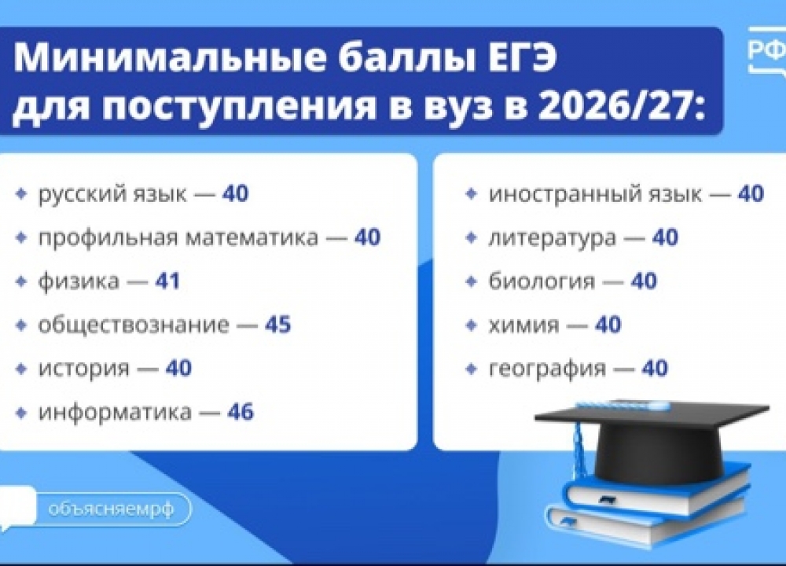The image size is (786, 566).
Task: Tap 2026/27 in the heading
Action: click(x=609, y=107)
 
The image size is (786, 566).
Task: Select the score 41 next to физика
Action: click(x=167, y=281)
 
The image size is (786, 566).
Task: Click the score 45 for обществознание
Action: click(x=277, y=324)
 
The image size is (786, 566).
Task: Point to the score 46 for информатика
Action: click(x=240, y=411)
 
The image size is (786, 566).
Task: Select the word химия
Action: click(x=523, y=324)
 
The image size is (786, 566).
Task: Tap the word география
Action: click(x=547, y=368)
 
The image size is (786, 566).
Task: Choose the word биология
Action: click(x=542, y=281)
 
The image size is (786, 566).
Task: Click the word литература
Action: click(x=553, y=237)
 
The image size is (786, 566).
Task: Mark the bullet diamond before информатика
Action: click(x=21, y=411)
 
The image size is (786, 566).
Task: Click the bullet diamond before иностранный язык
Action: click(x=471, y=193)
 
